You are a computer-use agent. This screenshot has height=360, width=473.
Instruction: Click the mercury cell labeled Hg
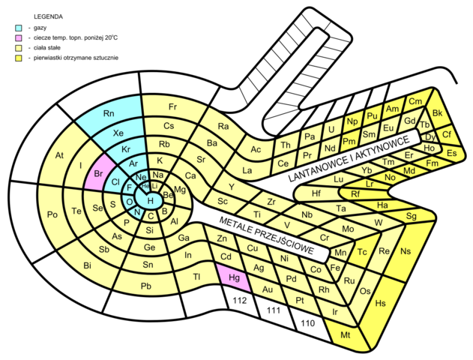(232, 277)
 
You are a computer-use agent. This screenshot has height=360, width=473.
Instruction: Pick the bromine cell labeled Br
(98, 174)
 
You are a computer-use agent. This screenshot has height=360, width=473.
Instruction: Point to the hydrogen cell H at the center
(151, 200)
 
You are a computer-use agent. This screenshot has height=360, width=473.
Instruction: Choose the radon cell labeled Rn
(108, 114)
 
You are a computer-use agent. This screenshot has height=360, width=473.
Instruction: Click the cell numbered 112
(240, 301)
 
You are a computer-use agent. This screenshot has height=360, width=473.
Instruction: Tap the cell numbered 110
(307, 324)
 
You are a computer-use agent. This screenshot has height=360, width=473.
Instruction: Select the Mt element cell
(346, 335)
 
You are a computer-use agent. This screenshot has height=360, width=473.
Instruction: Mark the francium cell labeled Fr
(172, 106)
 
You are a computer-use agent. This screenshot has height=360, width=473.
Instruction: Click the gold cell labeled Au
(268, 289)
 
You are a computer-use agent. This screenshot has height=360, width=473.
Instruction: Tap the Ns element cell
(406, 250)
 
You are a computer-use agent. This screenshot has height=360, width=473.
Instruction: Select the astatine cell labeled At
(60, 156)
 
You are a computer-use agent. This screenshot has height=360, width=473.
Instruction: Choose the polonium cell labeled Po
(52, 214)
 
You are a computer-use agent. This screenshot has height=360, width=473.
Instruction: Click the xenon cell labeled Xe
(118, 133)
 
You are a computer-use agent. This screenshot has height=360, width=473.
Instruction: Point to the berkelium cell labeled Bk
(437, 112)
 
